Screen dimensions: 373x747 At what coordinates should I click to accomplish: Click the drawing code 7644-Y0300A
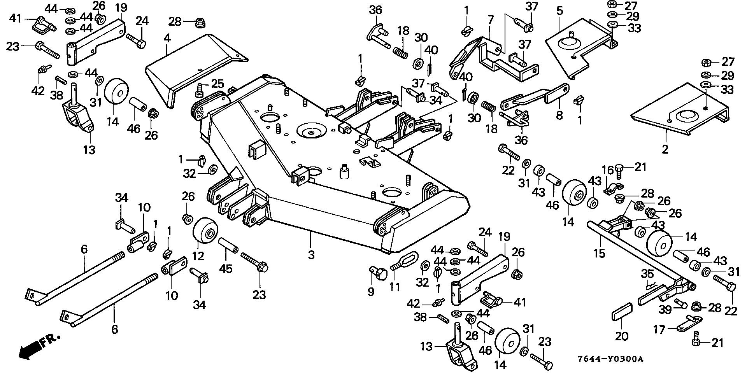coord(610,359)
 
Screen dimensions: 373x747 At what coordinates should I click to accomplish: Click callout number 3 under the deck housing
coord(311,255)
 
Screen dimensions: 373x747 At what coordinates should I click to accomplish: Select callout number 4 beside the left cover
coord(167,39)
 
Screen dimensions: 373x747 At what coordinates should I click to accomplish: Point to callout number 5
coord(559,11)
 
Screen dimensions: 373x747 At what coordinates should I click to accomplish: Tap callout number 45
coord(226,269)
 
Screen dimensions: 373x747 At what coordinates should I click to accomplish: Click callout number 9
coord(371,291)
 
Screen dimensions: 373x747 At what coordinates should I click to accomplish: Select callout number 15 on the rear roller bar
coord(599,253)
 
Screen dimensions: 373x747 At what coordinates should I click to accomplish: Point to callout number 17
coord(659,329)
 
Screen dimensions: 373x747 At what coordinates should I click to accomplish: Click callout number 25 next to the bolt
coord(217,83)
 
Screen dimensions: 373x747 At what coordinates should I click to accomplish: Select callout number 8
coord(559,115)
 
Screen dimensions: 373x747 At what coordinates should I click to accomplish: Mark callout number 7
coord(490,19)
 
